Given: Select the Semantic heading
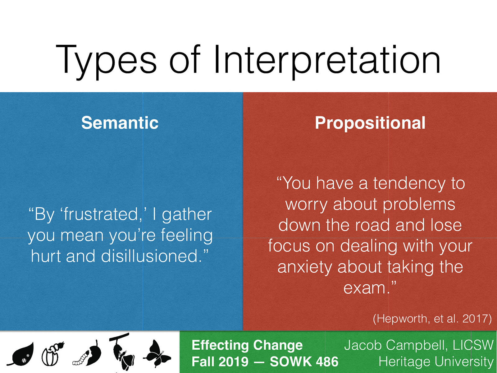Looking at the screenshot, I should point(120,122).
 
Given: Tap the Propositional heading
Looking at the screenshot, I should point(370,122).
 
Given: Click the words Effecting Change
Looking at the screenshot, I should point(247,345).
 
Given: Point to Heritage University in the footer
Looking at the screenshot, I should point(435,361).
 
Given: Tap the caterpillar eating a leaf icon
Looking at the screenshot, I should point(88,354).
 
